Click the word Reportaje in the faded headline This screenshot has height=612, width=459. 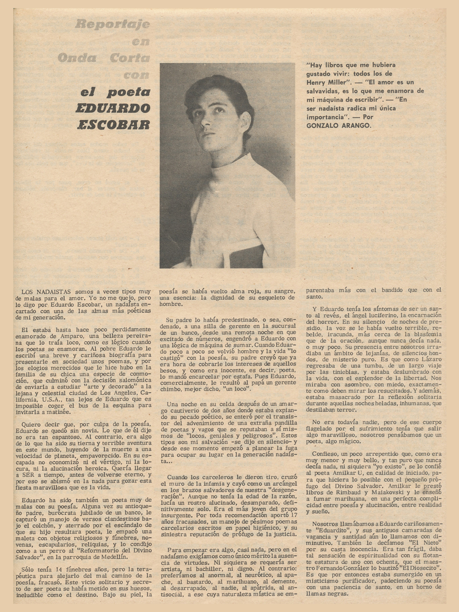point(112,24)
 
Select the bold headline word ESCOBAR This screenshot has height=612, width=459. point(113,125)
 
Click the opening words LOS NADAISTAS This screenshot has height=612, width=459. point(47,291)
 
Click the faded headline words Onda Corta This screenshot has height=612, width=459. point(104,58)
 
